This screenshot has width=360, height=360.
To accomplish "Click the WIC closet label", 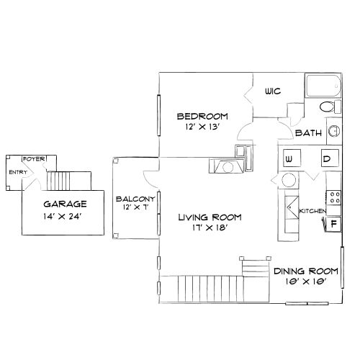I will coord(272,91).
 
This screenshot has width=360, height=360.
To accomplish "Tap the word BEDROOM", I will coord(202,116).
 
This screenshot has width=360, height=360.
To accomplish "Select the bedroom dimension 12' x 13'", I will coord(202,127).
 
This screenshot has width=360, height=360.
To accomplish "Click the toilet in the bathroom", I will coord(328,108).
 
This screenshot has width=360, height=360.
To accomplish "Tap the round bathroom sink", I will coord(334,131).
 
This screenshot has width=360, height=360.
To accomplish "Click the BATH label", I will coord(307,133).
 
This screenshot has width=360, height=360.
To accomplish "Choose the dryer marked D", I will coord(326,158).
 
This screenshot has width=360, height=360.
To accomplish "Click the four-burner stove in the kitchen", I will coord(333,195).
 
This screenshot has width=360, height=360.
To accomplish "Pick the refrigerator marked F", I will coord(334,223).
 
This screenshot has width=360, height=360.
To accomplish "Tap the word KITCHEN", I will coord(313,210).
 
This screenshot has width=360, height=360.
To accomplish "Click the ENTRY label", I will coord(17,173).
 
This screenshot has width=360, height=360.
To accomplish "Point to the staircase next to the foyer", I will coord(72,179).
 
